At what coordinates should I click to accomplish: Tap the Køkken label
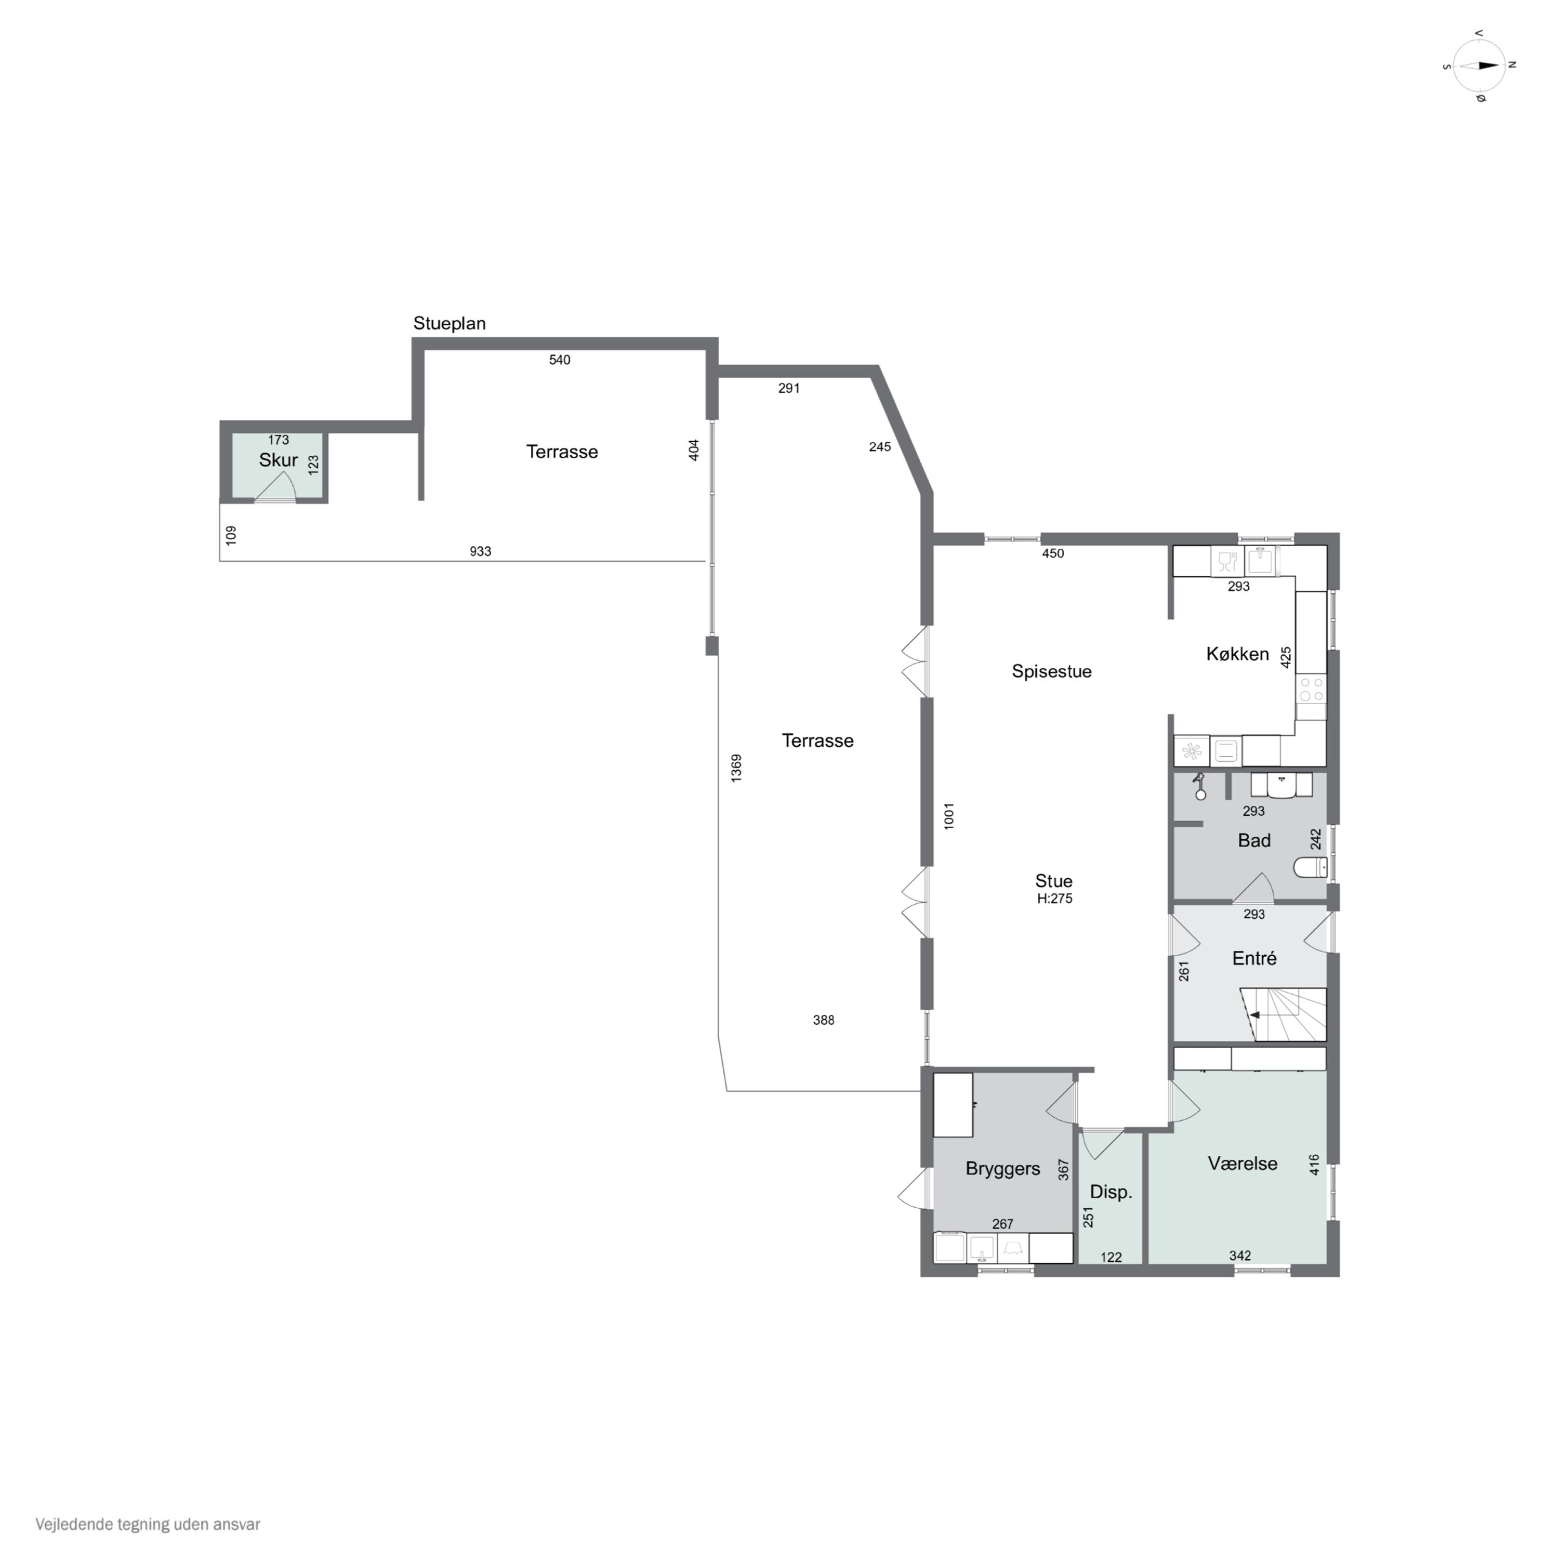[1237, 654]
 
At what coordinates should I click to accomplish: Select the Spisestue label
[1051, 671]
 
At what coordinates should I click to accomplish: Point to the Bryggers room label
[1002, 1168]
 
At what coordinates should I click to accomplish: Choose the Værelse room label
[1242, 1164]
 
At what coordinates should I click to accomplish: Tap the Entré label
[1254, 959]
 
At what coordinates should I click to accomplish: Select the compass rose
[1479, 66]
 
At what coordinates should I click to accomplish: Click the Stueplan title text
[450, 324]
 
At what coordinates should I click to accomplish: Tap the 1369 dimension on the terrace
[736, 768]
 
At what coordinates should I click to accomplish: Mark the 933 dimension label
[480, 552]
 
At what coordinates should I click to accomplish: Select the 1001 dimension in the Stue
[949, 816]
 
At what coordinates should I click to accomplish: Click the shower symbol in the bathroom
[1200, 785]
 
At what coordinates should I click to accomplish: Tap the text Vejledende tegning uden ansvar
[148, 1524]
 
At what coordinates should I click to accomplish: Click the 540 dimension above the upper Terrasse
[559, 360]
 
